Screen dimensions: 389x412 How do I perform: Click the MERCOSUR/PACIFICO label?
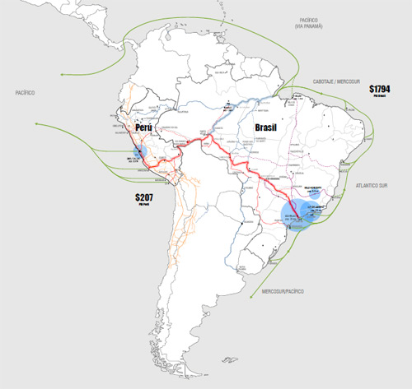pos(284,291)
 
